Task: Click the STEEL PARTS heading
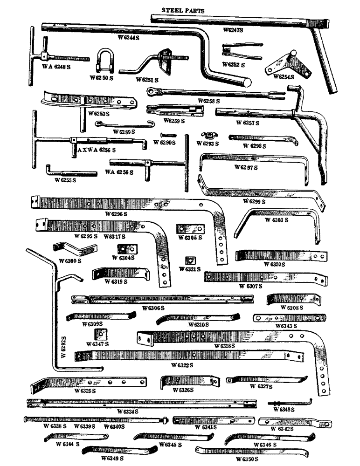pos(182,10)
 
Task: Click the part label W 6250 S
pos(101,78)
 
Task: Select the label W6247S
pos(232,30)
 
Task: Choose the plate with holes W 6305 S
pos(190,229)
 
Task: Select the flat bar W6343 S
pos(289,318)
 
